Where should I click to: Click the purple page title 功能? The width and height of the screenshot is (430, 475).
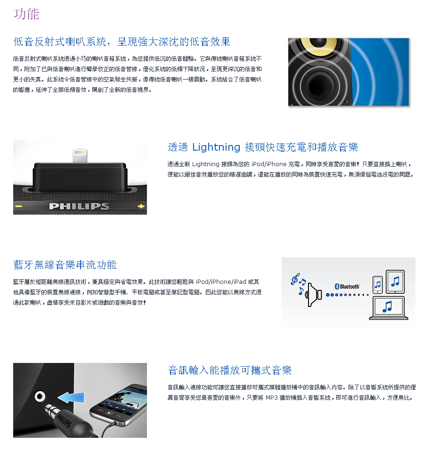click(26, 14)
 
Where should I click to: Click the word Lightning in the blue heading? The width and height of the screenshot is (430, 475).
click(216, 147)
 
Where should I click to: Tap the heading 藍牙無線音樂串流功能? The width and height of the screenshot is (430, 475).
click(65, 265)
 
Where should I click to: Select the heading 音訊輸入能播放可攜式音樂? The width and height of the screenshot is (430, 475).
click(230, 370)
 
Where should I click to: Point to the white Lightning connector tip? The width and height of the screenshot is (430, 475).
click(80, 156)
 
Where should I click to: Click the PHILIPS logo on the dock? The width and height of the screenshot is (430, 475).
click(79, 206)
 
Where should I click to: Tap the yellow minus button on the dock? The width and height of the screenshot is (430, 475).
click(18, 207)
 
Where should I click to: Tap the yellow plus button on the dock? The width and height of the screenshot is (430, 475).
click(141, 207)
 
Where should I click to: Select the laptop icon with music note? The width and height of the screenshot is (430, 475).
click(389, 308)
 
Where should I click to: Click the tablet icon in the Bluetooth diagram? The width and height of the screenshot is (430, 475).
click(395, 282)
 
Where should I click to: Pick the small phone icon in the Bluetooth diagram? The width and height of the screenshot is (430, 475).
click(378, 284)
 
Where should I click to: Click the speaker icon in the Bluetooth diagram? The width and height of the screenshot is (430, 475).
click(314, 294)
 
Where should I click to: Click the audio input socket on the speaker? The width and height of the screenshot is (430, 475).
click(40, 396)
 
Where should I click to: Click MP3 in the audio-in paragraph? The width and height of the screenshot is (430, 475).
click(271, 398)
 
